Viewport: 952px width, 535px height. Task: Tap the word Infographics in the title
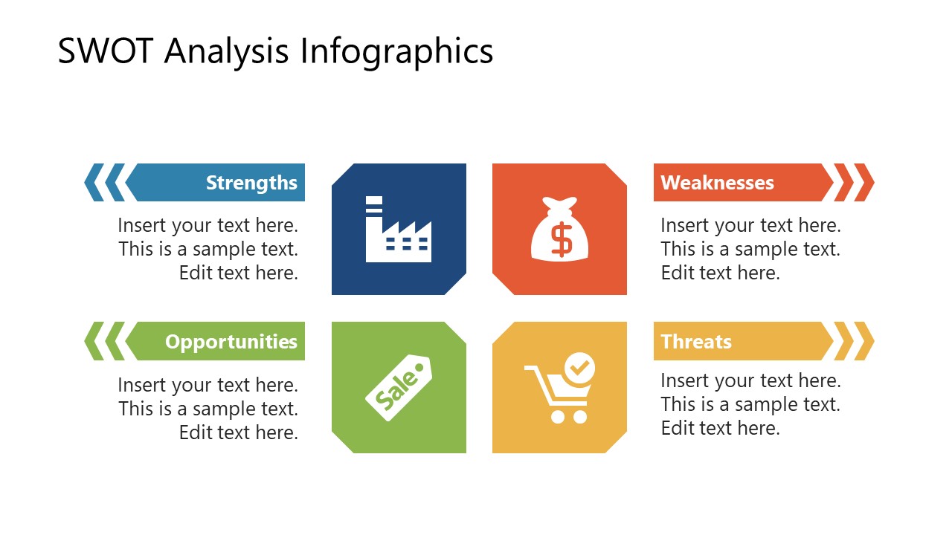click(396, 52)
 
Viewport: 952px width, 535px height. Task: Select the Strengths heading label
click(251, 183)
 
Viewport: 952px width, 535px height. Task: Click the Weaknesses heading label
click(717, 183)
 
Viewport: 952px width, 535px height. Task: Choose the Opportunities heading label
click(231, 342)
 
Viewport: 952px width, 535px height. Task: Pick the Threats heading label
click(696, 342)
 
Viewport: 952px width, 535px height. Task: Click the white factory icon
click(399, 230)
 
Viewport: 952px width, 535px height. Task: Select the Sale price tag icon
click(399, 388)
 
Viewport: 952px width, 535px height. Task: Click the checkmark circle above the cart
click(579, 366)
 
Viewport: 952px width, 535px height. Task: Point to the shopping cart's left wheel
click(558, 417)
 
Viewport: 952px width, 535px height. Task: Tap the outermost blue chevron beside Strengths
click(94, 183)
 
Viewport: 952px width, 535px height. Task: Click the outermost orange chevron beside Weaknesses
click(864, 183)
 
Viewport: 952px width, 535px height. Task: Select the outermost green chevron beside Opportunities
click(94, 342)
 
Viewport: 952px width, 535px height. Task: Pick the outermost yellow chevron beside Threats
click(864, 342)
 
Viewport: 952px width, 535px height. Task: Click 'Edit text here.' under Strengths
click(238, 273)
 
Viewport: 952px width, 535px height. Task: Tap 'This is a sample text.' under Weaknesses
click(750, 249)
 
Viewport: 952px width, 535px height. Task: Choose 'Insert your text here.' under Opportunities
click(208, 385)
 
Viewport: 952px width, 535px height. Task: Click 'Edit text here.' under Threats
click(720, 428)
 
